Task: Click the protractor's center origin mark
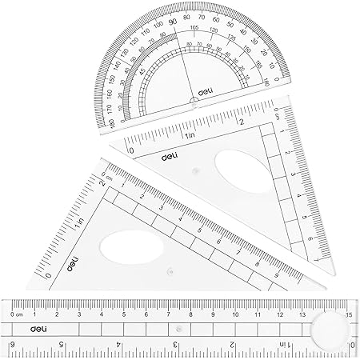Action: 192,101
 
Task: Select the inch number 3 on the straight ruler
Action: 176,345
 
